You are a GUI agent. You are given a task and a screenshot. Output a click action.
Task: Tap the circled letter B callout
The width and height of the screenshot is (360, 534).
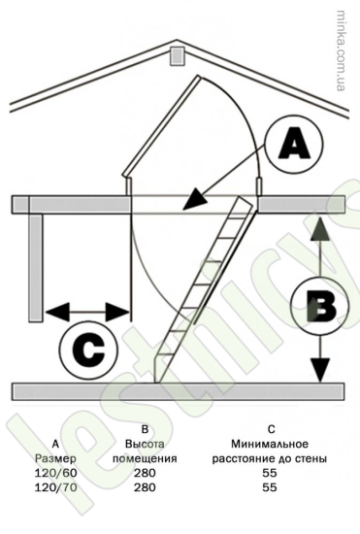320,306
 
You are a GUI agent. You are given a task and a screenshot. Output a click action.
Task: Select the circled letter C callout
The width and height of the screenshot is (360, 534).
88,349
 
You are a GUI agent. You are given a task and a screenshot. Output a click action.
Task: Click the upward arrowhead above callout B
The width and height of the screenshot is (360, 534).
320,230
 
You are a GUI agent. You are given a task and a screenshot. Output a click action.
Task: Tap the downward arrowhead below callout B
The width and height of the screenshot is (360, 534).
320,371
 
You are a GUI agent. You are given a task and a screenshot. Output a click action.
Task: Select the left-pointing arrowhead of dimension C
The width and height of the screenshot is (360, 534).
57,312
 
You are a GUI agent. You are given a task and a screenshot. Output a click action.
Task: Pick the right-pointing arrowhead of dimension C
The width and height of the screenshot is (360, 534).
117,312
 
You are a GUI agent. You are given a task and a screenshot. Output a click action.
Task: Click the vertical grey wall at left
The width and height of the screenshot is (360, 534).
36,267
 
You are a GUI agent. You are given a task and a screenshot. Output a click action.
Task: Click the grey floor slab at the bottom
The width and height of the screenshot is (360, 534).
178,391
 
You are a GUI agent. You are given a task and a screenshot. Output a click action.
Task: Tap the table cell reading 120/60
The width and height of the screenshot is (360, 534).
56,473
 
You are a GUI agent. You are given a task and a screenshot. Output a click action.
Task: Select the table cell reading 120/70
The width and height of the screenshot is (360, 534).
56,487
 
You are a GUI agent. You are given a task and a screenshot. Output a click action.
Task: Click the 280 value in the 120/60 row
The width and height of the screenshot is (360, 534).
145,473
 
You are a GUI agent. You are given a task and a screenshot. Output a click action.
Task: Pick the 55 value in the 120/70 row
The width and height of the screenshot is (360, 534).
270,487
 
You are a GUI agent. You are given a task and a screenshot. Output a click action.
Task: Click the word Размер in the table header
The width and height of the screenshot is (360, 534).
55,458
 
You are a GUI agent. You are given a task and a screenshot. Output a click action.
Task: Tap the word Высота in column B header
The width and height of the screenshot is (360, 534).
145,444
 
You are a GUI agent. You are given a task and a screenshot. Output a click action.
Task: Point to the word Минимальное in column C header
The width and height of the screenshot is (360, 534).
270,444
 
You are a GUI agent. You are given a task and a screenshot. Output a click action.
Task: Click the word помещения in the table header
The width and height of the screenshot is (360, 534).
145,458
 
